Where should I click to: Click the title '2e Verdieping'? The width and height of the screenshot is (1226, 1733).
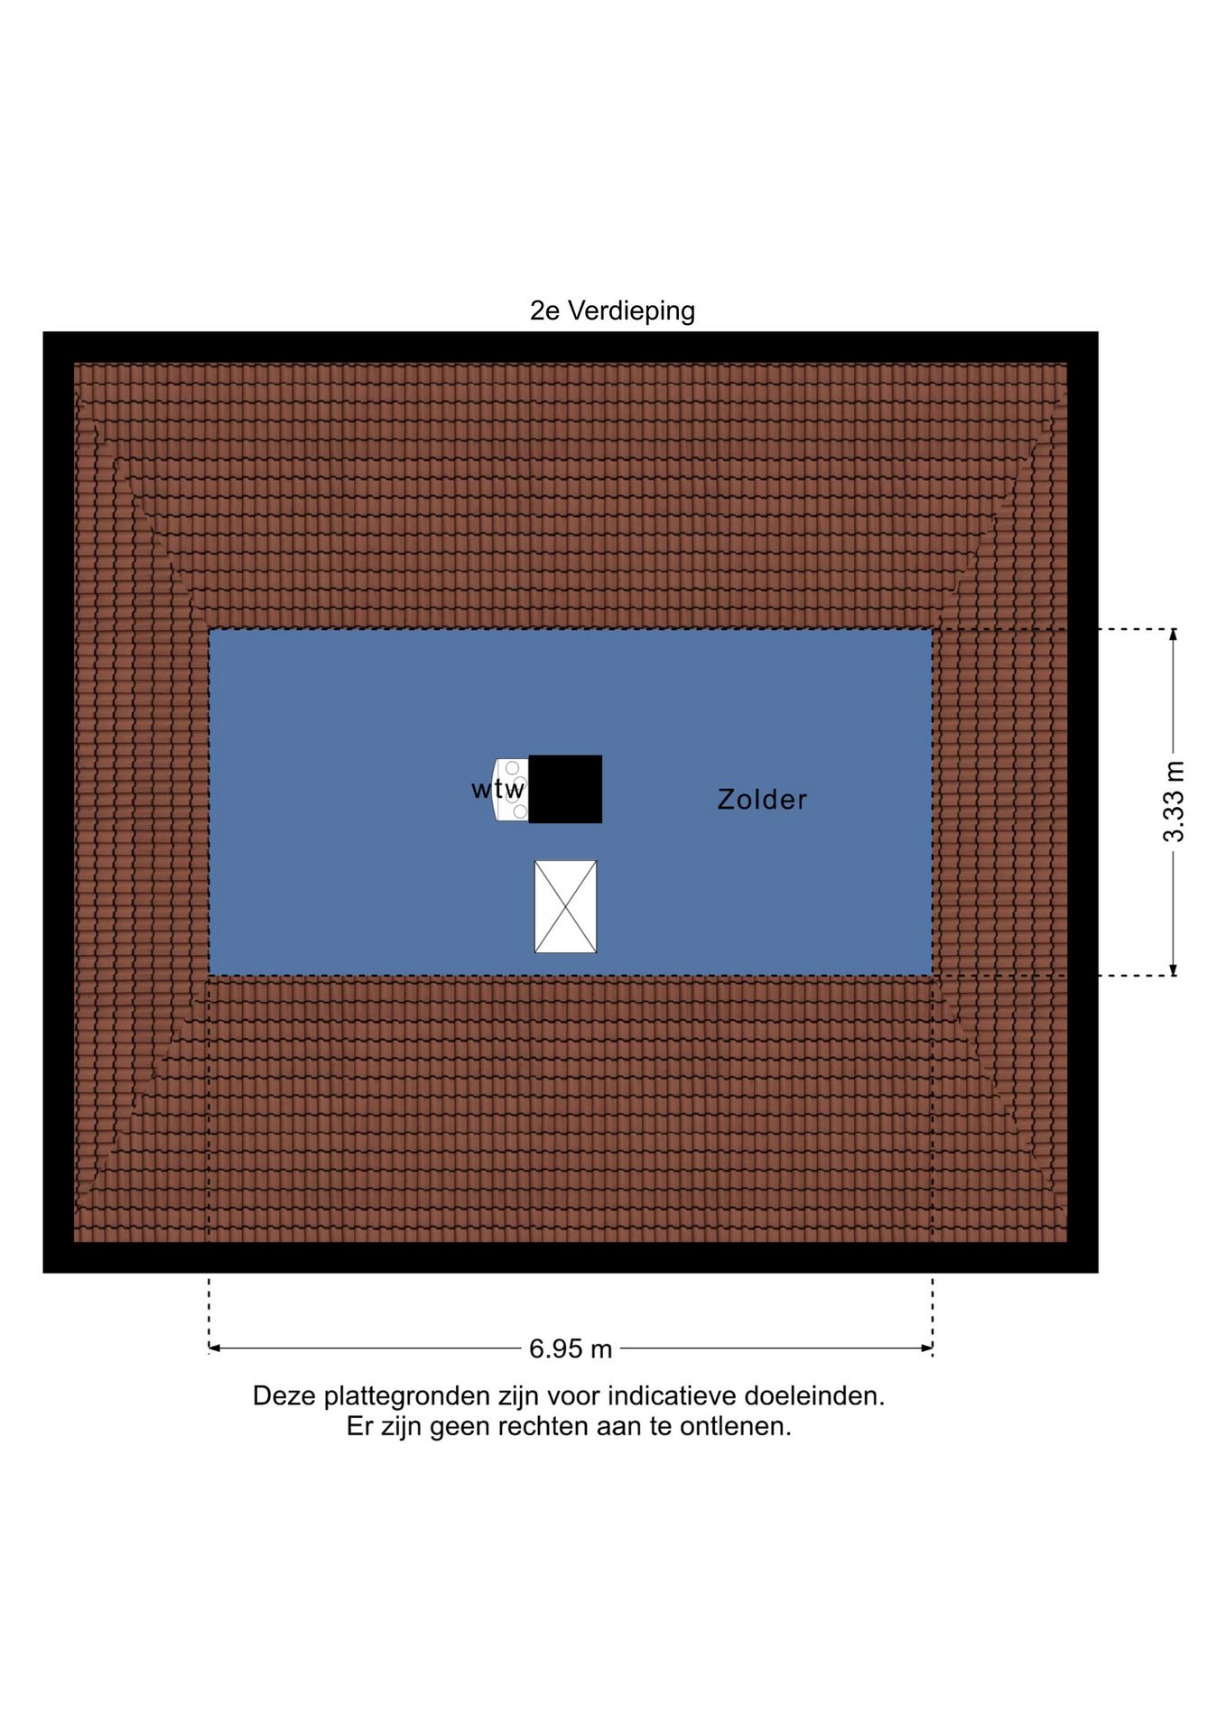(612, 310)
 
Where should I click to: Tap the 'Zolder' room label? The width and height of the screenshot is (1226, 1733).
(762, 800)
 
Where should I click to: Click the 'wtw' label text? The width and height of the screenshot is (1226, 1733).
(497, 789)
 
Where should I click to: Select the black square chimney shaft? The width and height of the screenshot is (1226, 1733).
(565, 789)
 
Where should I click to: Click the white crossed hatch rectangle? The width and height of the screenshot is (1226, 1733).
(566, 906)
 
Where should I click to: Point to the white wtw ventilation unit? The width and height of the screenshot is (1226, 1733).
(511, 790)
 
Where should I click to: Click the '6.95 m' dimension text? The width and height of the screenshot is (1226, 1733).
(571, 1348)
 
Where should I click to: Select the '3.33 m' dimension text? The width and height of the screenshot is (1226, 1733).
(1173, 802)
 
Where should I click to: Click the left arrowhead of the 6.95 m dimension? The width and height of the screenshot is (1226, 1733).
(215, 1348)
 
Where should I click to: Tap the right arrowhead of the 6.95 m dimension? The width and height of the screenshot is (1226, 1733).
(926, 1348)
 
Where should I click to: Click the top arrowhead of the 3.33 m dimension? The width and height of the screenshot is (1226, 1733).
(1174, 635)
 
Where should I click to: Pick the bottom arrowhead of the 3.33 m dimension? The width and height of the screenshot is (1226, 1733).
(1174, 969)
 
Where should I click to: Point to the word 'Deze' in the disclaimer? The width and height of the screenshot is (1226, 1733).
(284, 1395)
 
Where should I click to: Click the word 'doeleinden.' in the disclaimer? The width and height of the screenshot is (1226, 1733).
(814, 1395)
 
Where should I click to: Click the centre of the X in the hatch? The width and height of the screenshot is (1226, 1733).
(566, 906)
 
